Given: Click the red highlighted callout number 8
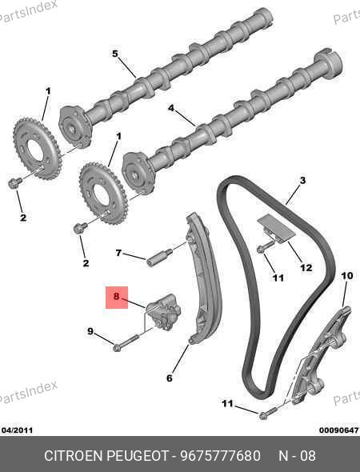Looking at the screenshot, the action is click(x=117, y=297).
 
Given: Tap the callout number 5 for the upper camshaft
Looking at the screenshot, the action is click(x=115, y=54).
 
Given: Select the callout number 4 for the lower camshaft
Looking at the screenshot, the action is click(x=171, y=108).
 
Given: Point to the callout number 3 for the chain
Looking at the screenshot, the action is click(x=303, y=180).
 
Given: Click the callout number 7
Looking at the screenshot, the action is click(x=118, y=253).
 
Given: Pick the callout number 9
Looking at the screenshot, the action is click(x=90, y=331).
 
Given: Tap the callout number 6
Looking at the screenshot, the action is click(x=170, y=378).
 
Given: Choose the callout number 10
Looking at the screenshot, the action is click(x=347, y=275).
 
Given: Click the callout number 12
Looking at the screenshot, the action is click(x=306, y=267).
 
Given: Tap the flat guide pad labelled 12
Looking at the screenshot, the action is click(x=276, y=229).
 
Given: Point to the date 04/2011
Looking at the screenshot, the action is click(x=17, y=430).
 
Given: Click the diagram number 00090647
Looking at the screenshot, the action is click(x=339, y=430).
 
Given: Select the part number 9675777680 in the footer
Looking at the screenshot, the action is click(x=221, y=455).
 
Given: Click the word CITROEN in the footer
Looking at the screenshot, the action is click(x=74, y=455).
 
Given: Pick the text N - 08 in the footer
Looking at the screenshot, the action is click(x=297, y=455).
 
